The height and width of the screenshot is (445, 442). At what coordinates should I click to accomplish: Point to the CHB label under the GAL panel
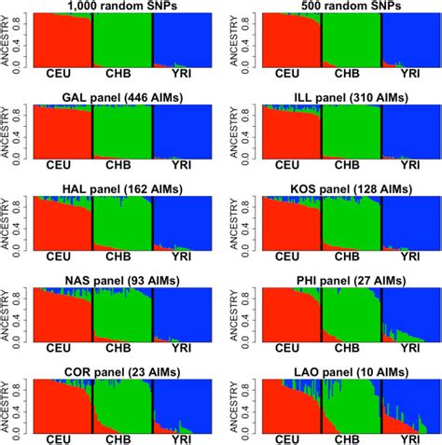pyautogui.click(x=122, y=164)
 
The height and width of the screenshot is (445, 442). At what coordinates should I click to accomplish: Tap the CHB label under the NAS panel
pyautogui.click(x=122, y=347)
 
